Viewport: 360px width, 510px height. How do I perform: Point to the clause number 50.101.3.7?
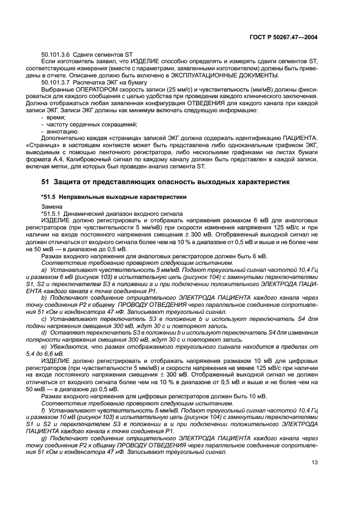coord(59,82)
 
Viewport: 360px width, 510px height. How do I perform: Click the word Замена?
coord(51,207)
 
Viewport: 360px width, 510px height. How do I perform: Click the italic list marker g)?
coord(44,438)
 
